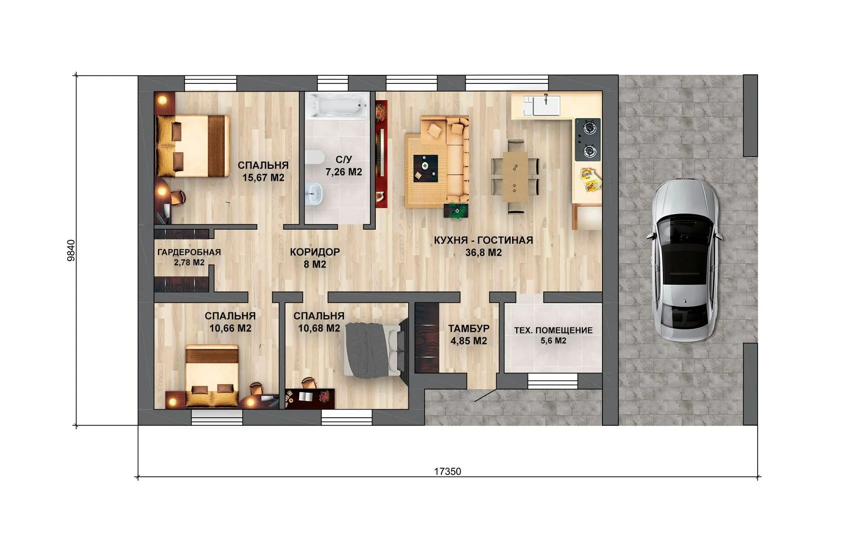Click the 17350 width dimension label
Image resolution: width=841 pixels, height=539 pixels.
click(x=448, y=471)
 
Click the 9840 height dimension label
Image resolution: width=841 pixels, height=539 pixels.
click(x=70, y=251)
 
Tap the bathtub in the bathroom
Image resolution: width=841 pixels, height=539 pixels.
click(x=337, y=106)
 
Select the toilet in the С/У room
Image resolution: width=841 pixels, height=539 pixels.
click(x=314, y=157)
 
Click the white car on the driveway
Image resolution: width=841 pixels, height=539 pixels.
click(x=684, y=260)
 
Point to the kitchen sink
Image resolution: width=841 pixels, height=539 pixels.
click(x=547, y=105)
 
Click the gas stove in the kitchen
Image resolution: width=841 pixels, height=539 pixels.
click(x=587, y=140)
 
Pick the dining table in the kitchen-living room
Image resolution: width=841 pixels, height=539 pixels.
click(x=515, y=176)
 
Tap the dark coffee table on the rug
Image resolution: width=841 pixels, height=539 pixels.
click(x=425, y=169)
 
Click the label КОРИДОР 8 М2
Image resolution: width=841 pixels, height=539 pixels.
click(x=314, y=258)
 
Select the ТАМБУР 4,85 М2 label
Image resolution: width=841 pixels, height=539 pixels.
click(x=469, y=334)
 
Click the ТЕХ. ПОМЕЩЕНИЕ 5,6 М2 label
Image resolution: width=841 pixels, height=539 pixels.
click(x=553, y=335)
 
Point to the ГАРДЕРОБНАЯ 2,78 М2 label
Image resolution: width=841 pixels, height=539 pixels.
click(x=189, y=257)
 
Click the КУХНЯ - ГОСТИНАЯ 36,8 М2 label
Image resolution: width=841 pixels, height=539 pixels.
click(x=484, y=246)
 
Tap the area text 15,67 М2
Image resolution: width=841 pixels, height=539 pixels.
click(x=263, y=178)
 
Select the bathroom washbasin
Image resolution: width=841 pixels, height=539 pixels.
click(x=314, y=194)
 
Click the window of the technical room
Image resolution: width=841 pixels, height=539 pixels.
click(x=553, y=381)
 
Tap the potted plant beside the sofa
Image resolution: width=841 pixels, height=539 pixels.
click(x=456, y=211)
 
